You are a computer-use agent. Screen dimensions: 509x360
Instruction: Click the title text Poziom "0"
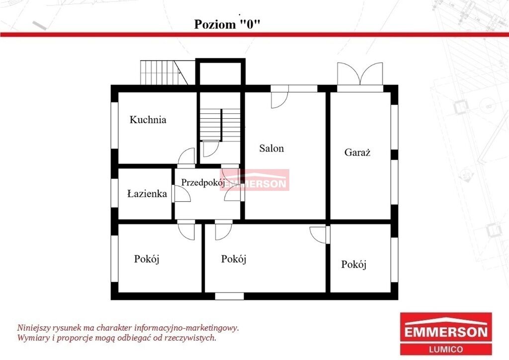tap(227, 24)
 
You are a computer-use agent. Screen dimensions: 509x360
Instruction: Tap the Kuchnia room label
tap(148, 120)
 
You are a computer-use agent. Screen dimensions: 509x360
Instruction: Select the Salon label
tap(271, 148)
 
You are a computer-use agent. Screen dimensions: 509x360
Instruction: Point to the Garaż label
tap(357, 152)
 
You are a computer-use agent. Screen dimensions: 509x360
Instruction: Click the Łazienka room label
tap(147, 194)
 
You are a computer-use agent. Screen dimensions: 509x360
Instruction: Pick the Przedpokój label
tap(203, 182)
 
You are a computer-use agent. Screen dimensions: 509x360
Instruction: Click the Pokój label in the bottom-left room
tap(147, 259)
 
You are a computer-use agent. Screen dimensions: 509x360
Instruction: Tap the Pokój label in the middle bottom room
tap(234, 259)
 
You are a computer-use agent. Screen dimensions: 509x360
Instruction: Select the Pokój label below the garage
tap(354, 264)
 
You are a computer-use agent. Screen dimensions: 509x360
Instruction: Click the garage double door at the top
tap(360, 74)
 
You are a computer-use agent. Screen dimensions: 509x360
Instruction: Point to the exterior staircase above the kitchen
tap(164, 73)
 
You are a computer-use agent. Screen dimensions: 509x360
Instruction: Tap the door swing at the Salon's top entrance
tap(279, 99)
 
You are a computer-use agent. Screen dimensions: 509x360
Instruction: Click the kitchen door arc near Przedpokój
tap(186, 156)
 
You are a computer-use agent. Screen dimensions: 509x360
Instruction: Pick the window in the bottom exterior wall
tap(230, 296)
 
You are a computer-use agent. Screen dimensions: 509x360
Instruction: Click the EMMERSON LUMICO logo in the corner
tap(446, 333)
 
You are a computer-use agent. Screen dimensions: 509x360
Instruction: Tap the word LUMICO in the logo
tap(446, 349)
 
